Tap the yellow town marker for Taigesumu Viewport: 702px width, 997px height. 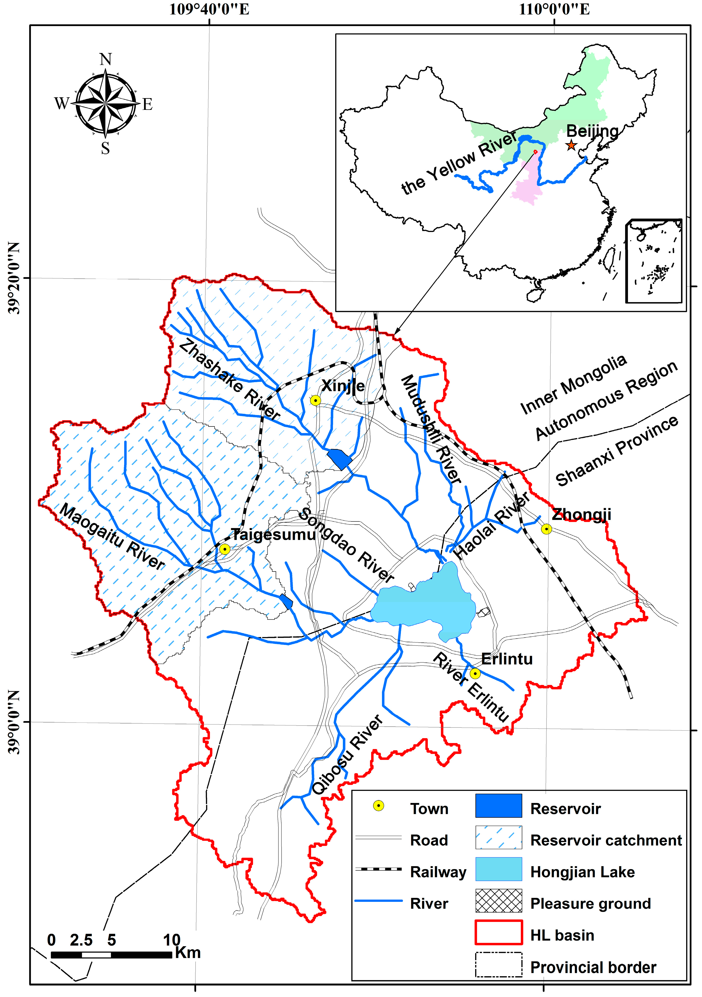point(224,549)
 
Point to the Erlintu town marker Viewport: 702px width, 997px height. point(475,673)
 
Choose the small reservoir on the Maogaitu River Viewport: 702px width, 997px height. point(286,601)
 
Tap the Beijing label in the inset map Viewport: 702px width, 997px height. point(592,131)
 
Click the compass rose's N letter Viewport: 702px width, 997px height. point(105,59)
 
